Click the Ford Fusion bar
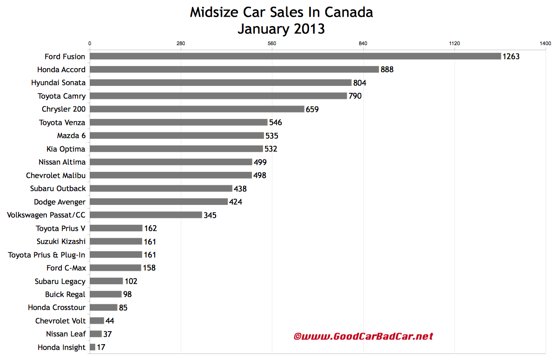pos(295,56)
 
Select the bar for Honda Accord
pos(234,69)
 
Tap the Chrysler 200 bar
pos(197,109)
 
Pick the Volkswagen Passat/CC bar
pos(145,215)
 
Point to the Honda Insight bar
pos(92,347)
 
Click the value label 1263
pos(511,57)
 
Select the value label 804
pos(360,83)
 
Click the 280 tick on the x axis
pos(181,44)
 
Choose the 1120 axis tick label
pos(454,44)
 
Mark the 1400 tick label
pos(545,44)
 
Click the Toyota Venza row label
pos(62,123)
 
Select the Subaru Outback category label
pos(58,189)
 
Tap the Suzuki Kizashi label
pos(61,242)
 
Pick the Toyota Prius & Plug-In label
pos(47,255)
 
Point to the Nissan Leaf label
pos(66,334)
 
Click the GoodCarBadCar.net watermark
pos(363,336)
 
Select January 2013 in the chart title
pos(281,28)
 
